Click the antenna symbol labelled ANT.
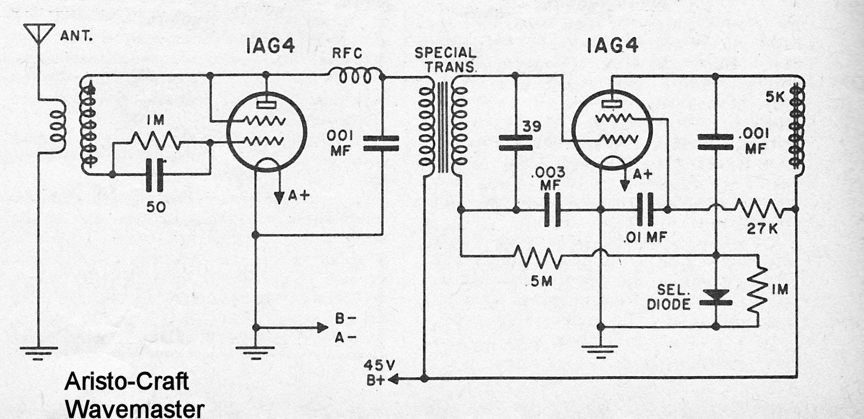pos(39,35)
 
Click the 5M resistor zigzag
pos(538,256)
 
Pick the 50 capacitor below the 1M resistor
pos(156,174)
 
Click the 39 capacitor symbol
pos(515,142)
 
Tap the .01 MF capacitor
pos(646,209)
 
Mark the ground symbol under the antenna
pos(39,351)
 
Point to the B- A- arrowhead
pos(322,327)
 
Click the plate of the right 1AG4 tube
pos(612,103)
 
